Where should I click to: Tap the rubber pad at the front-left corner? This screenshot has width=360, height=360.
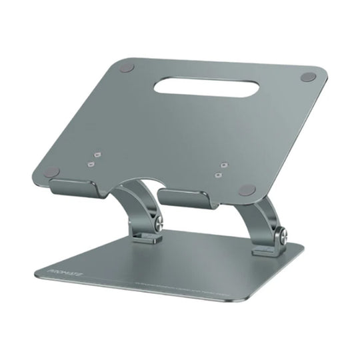click(x=51, y=172)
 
